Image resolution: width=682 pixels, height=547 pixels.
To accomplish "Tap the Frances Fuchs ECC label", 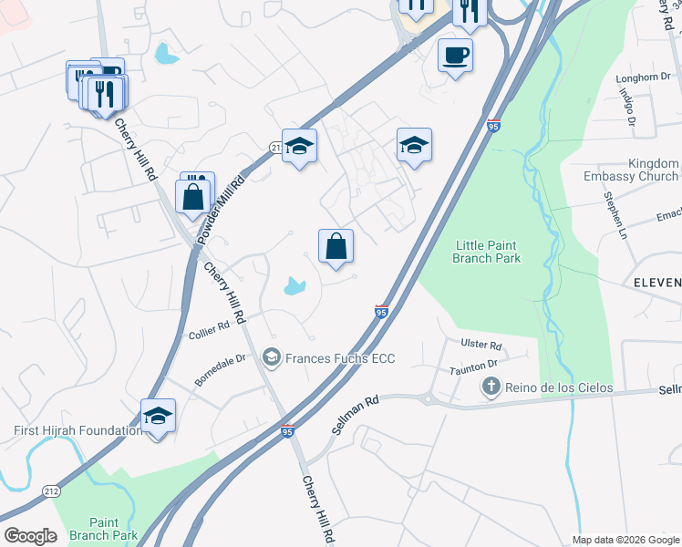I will click(x=340, y=358).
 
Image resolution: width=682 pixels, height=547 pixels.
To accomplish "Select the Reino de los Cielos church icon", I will click(x=491, y=388).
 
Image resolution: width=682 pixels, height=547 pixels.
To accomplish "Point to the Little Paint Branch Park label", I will click(x=488, y=251).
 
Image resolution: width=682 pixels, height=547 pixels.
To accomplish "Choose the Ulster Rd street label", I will click(x=482, y=346).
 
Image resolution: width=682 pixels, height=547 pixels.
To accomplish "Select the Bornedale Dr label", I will click(x=221, y=369).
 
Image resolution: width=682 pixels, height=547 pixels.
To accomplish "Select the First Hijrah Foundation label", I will click(x=77, y=430).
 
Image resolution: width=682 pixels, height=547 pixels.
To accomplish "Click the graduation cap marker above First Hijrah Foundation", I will click(x=159, y=417).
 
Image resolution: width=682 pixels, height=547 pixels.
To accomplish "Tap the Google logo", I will click(x=30, y=536).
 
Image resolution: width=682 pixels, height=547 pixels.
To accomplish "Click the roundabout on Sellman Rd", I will click(x=429, y=397).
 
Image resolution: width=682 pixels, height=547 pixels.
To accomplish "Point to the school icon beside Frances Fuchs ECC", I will click(x=271, y=358).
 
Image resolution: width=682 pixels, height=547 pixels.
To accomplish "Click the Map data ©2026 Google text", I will click(x=625, y=540).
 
